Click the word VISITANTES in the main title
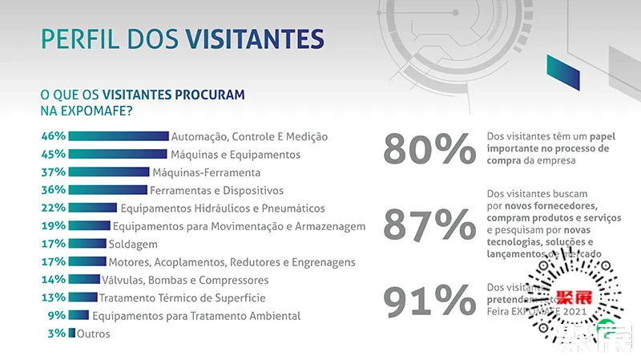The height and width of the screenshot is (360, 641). (254, 38)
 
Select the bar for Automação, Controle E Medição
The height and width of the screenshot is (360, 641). (119, 136)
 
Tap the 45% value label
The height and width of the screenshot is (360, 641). (53, 154)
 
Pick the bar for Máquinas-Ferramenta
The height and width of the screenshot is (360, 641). (109, 172)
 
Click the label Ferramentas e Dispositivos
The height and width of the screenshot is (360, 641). (217, 190)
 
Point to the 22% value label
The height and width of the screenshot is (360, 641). (53, 208)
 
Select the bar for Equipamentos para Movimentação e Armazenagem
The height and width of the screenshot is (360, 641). (89, 226)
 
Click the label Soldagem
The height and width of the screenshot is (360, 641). (135, 244)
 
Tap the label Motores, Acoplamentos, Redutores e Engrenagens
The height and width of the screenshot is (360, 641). (232, 261)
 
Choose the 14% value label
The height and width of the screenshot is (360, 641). (53, 280)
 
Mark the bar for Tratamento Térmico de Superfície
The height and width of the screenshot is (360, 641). (83, 297)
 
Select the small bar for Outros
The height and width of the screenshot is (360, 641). (72, 334)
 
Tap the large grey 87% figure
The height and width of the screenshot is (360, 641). (429, 224)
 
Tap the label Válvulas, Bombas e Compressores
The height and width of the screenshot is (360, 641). (186, 280)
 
